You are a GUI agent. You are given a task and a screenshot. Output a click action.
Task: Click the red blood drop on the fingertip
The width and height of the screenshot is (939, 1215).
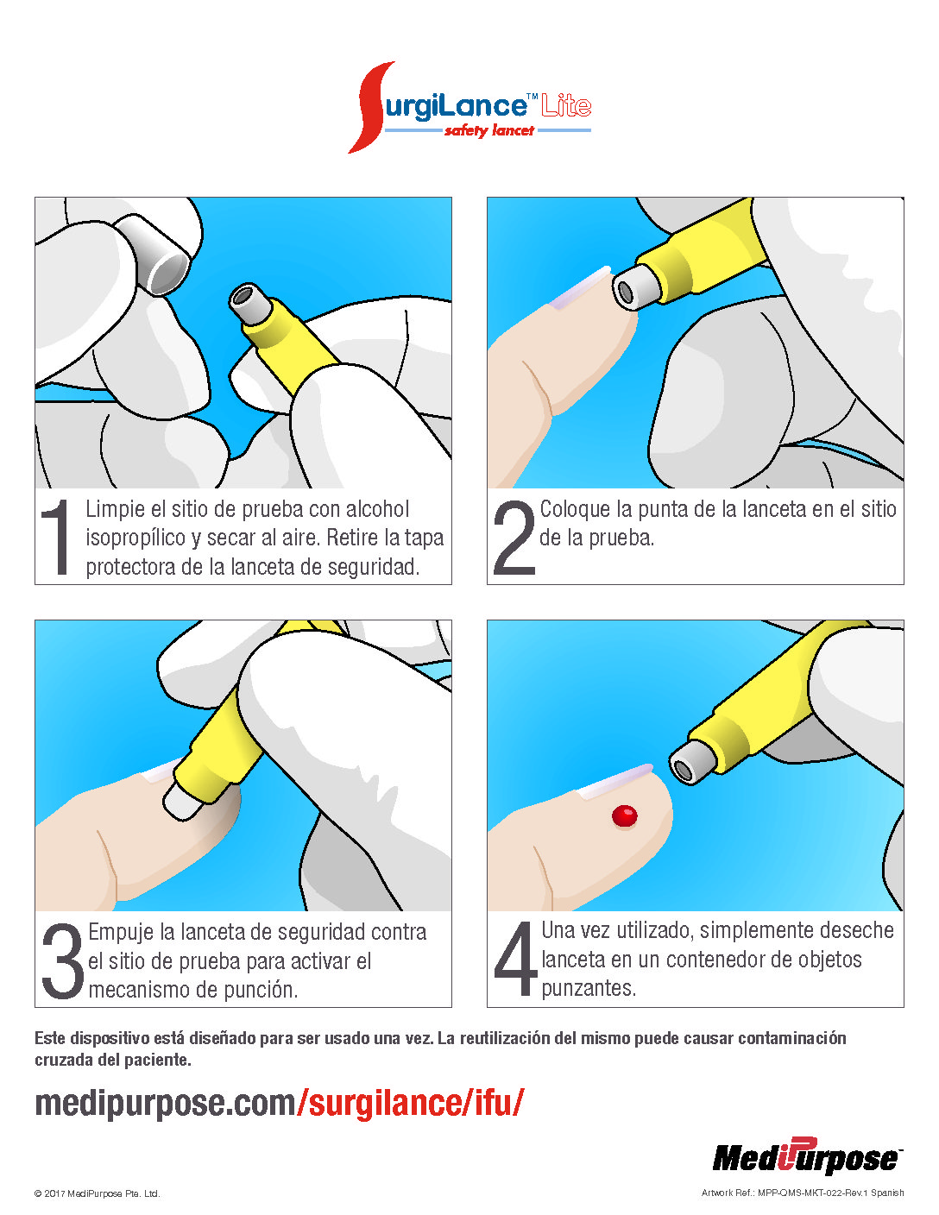pyautogui.click(x=624, y=815)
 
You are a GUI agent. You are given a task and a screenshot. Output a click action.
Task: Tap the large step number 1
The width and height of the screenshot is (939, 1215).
pyautogui.click(x=56, y=537)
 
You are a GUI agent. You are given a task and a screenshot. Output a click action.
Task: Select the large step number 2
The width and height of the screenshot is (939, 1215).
pyautogui.click(x=514, y=537)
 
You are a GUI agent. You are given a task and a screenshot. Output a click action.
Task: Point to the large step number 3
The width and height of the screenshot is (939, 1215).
pyautogui.click(x=63, y=960)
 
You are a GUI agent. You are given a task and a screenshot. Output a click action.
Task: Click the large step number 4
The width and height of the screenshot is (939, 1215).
pyautogui.click(x=515, y=959)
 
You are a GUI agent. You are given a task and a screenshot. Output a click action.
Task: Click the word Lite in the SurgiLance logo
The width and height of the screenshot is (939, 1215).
pyautogui.click(x=566, y=105)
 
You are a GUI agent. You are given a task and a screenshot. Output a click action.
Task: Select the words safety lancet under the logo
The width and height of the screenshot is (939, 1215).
pyautogui.click(x=489, y=131)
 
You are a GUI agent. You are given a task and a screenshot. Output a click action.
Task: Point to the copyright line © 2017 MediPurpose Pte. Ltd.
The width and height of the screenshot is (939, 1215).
pyautogui.click(x=98, y=1193)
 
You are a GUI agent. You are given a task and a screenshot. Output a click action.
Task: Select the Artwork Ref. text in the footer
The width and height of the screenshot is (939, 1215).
pyautogui.click(x=803, y=1193)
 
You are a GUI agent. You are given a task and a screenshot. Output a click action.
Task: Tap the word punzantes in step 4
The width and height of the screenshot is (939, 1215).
pyautogui.click(x=589, y=988)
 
